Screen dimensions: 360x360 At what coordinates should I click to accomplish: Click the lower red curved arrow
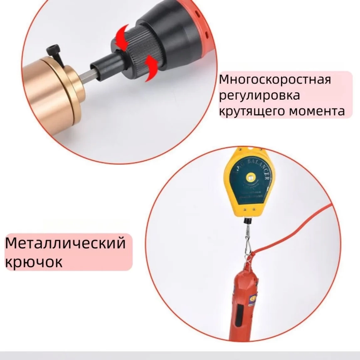coord(150,67)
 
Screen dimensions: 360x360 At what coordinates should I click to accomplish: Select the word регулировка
coord(259,95)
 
